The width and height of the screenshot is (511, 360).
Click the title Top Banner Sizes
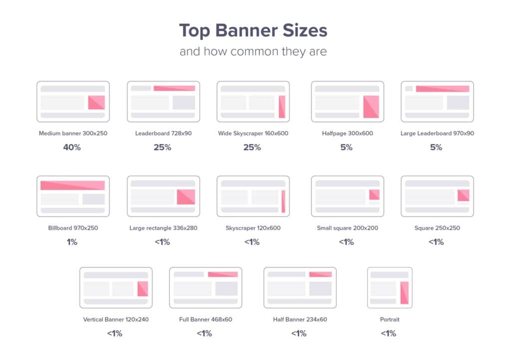pyautogui.click(x=253, y=31)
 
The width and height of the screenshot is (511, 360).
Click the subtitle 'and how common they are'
pyautogui.click(x=253, y=51)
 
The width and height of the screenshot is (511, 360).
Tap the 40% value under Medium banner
pyautogui.click(x=72, y=148)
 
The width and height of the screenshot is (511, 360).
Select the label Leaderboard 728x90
pyautogui.click(x=163, y=133)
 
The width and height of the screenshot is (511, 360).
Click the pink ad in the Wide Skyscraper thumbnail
pyautogui.click(x=282, y=107)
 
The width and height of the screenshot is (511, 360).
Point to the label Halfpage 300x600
pyautogui.click(x=347, y=133)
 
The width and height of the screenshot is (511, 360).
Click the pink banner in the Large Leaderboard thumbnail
pyautogui.click(x=443, y=89)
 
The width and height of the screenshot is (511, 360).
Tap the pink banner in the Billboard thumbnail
pyautogui.click(x=73, y=185)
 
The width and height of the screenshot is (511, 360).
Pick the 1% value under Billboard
pyautogui.click(x=72, y=242)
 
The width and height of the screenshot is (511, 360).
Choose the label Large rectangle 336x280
pyautogui.click(x=163, y=228)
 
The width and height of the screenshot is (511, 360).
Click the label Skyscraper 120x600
pyautogui.click(x=253, y=228)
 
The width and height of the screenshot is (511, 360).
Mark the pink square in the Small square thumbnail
pyautogui.click(x=374, y=194)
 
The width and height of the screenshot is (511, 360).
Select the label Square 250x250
pyautogui.click(x=437, y=228)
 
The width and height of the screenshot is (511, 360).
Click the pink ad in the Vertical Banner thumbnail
pyautogui.click(x=143, y=289)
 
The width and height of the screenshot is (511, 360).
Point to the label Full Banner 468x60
pyautogui.click(x=206, y=319)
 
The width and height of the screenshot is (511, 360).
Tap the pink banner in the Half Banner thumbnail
pyautogui.click(x=321, y=274)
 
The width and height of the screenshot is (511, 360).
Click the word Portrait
pyautogui.click(x=389, y=319)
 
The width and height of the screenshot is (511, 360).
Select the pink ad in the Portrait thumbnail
pyautogui.click(x=404, y=293)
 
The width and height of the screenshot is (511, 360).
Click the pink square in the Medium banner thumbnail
pyautogui.click(x=96, y=103)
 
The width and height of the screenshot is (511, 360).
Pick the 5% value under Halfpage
pyautogui.click(x=346, y=148)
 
